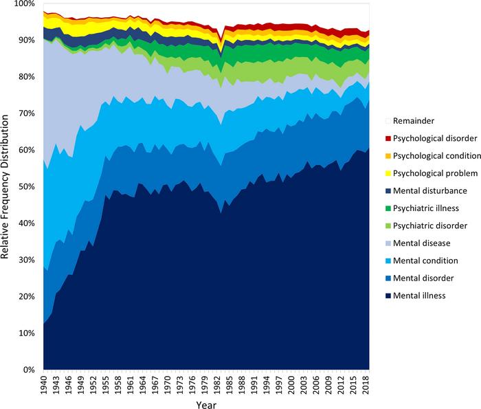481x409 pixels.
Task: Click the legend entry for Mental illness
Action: [423, 296]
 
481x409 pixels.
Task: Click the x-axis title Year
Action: [205, 403]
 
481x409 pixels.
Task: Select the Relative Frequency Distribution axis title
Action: [6, 187]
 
